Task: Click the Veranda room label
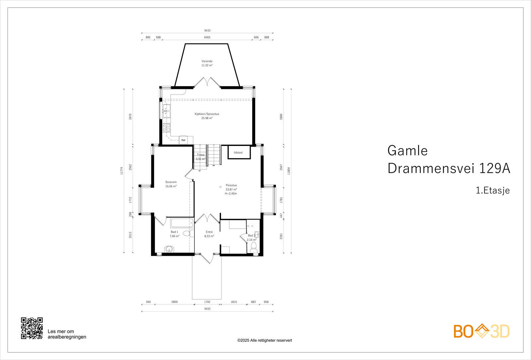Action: (207, 61)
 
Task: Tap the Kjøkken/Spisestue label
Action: (207, 114)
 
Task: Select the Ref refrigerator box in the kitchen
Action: (183, 140)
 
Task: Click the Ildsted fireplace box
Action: (239, 153)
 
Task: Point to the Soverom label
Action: (171, 182)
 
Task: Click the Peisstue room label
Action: (231, 185)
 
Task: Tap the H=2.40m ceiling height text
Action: (231, 194)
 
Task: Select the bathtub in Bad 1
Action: (182, 223)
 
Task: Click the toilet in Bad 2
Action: (254, 246)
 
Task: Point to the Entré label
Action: (209, 232)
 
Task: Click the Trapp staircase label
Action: (201, 155)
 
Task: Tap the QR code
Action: (32, 328)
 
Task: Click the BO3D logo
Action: (481, 331)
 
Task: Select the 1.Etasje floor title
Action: (493, 190)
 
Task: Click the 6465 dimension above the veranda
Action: (207, 37)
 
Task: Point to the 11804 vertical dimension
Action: (289, 171)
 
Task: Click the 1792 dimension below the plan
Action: (207, 302)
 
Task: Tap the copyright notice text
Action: (265, 340)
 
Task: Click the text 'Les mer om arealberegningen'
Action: (67, 334)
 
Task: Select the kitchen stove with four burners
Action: (166, 128)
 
